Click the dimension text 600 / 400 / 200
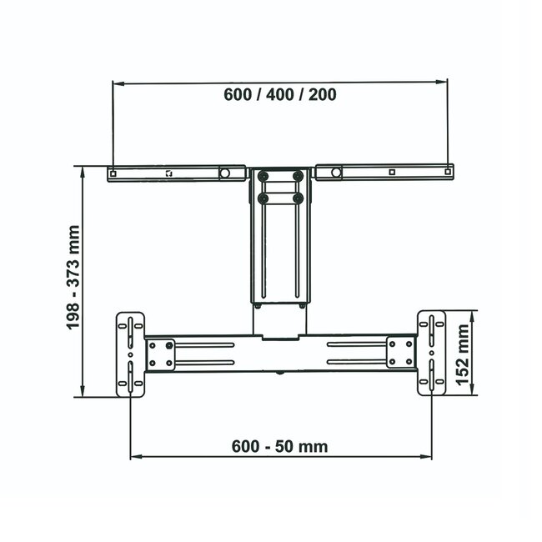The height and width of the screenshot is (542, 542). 280,94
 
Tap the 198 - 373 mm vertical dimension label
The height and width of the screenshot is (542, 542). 74,278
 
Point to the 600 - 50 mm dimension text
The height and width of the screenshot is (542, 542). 279,446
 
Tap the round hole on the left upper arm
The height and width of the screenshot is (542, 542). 224,173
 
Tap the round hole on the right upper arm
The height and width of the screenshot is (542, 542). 335,173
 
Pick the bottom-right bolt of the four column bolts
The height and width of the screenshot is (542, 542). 296,198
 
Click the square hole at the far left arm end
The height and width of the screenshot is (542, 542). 113,173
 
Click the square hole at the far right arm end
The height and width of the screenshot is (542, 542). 449,173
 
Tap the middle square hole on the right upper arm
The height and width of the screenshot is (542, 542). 392,173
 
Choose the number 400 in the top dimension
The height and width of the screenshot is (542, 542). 280,94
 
